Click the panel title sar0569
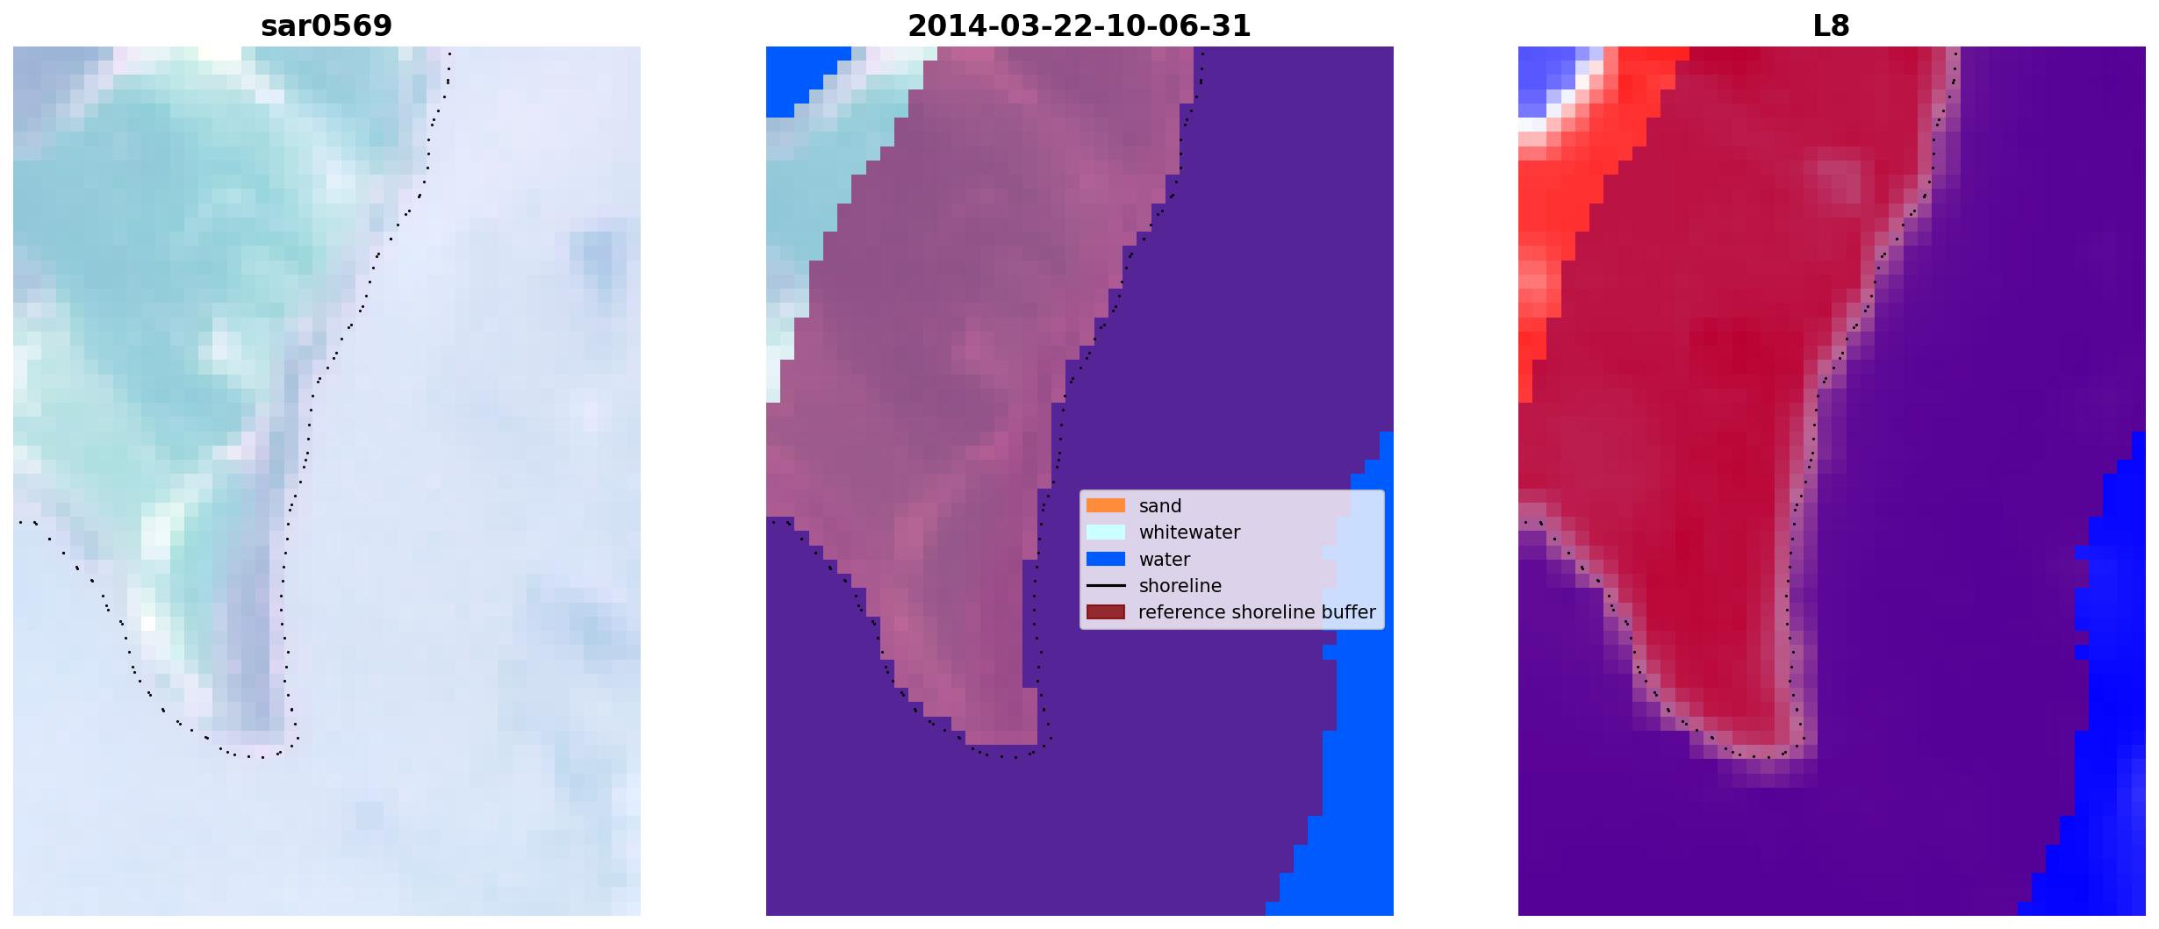326,25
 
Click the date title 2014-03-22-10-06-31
1079,25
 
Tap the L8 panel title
1831,25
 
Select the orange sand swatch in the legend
1106,505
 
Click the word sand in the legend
1160,506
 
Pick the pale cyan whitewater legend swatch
1106,532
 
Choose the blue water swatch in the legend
1106,559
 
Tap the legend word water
1165,560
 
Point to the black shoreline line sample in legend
1106,585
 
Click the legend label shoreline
1180,586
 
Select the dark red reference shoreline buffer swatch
1106,611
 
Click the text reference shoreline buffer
1257,612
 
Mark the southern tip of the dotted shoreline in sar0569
261,756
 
